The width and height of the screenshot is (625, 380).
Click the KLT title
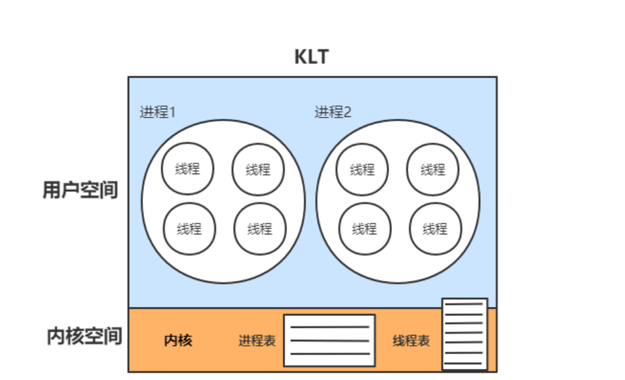[x=311, y=57]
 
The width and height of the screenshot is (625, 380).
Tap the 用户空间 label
[x=80, y=189]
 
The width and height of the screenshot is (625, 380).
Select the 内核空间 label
[x=84, y=336]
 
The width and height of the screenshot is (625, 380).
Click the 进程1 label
[x=158, y=112]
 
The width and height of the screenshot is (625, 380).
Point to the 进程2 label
[x=333, y=112]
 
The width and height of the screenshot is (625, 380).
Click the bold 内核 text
[x=178, y=341]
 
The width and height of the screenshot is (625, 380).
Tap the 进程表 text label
[x=257, y=341]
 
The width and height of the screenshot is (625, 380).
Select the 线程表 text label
[x=411, y=341]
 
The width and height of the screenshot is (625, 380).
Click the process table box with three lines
[x=329, y=341]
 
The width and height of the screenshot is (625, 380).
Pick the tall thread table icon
[x=465, y=334]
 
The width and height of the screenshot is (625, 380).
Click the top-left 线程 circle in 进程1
[x=187, y=168]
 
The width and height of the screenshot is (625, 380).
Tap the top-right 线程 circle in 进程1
[x=258, y=169]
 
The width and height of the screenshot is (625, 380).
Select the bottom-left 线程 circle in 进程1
[x=189, y=228]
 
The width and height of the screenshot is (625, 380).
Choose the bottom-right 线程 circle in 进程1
[x=260, y=228]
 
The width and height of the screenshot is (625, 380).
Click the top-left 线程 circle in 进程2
[x=362, y=169]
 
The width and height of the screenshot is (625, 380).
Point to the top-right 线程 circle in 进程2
[x=433, y=169]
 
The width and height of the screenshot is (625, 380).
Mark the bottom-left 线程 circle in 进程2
[x=364, y=228]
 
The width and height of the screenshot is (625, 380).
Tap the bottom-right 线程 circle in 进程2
[x=435, y=228]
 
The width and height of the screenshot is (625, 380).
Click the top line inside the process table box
[x=329, y=327]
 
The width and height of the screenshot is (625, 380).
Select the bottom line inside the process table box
[x=329, y=354]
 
